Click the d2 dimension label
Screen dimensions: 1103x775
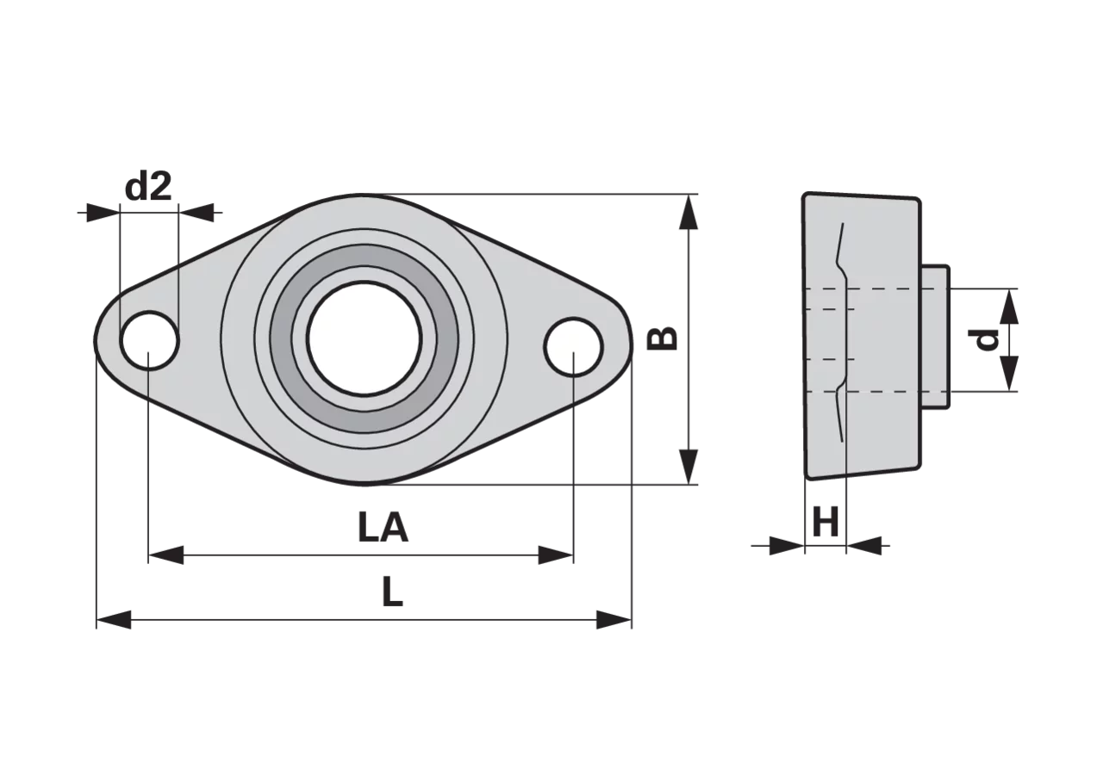148,187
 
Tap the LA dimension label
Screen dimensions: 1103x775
383,528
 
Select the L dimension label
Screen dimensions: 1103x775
392,592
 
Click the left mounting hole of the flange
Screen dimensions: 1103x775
150,340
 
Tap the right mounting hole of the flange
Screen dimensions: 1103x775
574,347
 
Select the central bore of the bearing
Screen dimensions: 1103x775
365,338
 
